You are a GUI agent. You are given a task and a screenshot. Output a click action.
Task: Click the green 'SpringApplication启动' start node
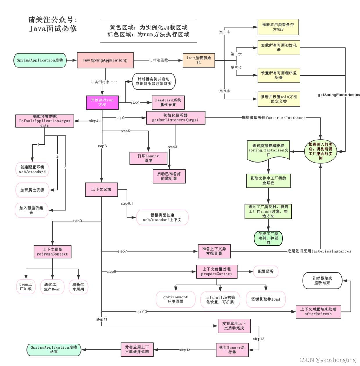click(x=40, y=60)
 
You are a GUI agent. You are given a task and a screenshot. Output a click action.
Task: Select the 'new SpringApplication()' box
click(x=105, y=60)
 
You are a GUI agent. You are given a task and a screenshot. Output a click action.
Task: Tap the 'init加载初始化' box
click(x=199, y=60)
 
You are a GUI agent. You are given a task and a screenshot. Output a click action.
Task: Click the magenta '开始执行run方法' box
click(x=102, y=102)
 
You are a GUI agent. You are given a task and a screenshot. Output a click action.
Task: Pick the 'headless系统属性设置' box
click(x=168, y=102)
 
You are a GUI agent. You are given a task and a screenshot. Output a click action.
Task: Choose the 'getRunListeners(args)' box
click(x=175, y=118)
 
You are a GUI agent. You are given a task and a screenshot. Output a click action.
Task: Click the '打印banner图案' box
click(x=148, y=158)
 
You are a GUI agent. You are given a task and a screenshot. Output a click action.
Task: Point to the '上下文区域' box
click(x=101, y=189)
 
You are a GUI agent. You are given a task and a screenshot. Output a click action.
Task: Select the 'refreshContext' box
click(x=53, y=252)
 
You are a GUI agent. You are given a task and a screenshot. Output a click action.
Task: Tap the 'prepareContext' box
click(x=217, y=272)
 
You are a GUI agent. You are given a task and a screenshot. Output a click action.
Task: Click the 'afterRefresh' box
click(x=318, y=312)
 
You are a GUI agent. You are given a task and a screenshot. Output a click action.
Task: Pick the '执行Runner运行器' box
click(x=232, y=350)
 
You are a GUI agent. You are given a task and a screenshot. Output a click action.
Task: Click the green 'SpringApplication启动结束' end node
click(x=54, y=350)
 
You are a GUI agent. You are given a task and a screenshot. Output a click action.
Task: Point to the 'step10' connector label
click(x=141, y=312)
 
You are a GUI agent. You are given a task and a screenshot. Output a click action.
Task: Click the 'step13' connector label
click(x=185, y=350)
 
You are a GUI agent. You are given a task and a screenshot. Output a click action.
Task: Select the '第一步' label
click(x=225, y=32)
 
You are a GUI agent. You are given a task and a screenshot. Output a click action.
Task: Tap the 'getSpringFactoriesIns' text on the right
click(x=339, y=95)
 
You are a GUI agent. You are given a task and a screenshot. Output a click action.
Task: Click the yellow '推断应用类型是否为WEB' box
click(x=278, y=27)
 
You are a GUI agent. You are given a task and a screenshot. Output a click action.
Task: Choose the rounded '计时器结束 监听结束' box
click(x=322, y=281)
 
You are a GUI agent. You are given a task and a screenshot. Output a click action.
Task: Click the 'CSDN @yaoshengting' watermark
click(x=327, y=360)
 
